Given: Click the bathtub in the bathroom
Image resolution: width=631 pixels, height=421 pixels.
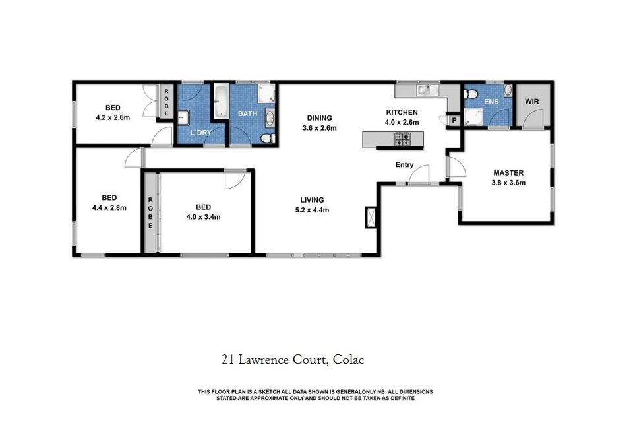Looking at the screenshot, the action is pos(220,101).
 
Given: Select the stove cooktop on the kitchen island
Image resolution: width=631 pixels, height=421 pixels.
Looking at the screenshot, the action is pos(403,139).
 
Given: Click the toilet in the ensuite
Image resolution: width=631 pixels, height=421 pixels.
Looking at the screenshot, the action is pos(470,94).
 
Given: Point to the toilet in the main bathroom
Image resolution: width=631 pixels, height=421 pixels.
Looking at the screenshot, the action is pos(267,139).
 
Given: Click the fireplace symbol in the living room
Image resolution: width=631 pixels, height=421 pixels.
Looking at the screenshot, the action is pos(371,218).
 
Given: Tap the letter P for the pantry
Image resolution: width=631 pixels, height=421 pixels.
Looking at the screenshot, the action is pos(454,121).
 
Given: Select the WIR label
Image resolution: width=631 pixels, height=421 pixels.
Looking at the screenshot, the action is pos(531,102).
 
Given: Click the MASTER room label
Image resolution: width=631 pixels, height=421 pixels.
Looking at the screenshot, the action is pos(508,173).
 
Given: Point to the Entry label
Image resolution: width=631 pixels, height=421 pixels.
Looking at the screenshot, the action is pos(404,165).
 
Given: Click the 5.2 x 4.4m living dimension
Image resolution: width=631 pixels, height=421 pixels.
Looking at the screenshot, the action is pos(313,210).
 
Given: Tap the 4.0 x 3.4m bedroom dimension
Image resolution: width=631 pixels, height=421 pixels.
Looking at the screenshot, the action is pos(203,217).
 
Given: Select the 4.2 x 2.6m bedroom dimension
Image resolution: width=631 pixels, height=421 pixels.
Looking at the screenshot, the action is pos(113,118).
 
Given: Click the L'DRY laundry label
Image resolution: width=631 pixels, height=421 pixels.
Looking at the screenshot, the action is pos(200,133).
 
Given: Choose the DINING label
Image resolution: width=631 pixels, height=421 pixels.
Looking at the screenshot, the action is pos(320,118).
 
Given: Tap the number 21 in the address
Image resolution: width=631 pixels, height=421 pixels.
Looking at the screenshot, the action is pos(227,360).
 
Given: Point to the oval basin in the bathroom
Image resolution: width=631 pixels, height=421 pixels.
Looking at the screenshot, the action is pos(270,118).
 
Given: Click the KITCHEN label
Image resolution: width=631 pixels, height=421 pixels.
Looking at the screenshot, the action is pos(402,112).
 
